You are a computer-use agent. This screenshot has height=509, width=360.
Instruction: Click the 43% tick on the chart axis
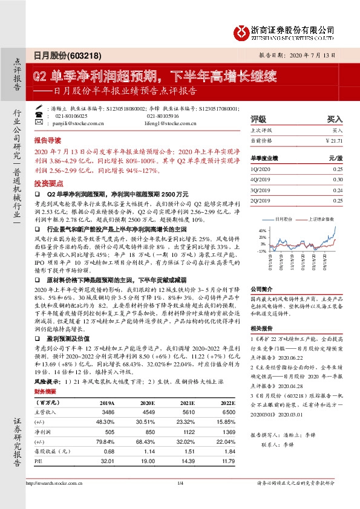(x=262, y=231)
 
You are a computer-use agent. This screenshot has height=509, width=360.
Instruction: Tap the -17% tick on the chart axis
(x=262, y=250)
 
